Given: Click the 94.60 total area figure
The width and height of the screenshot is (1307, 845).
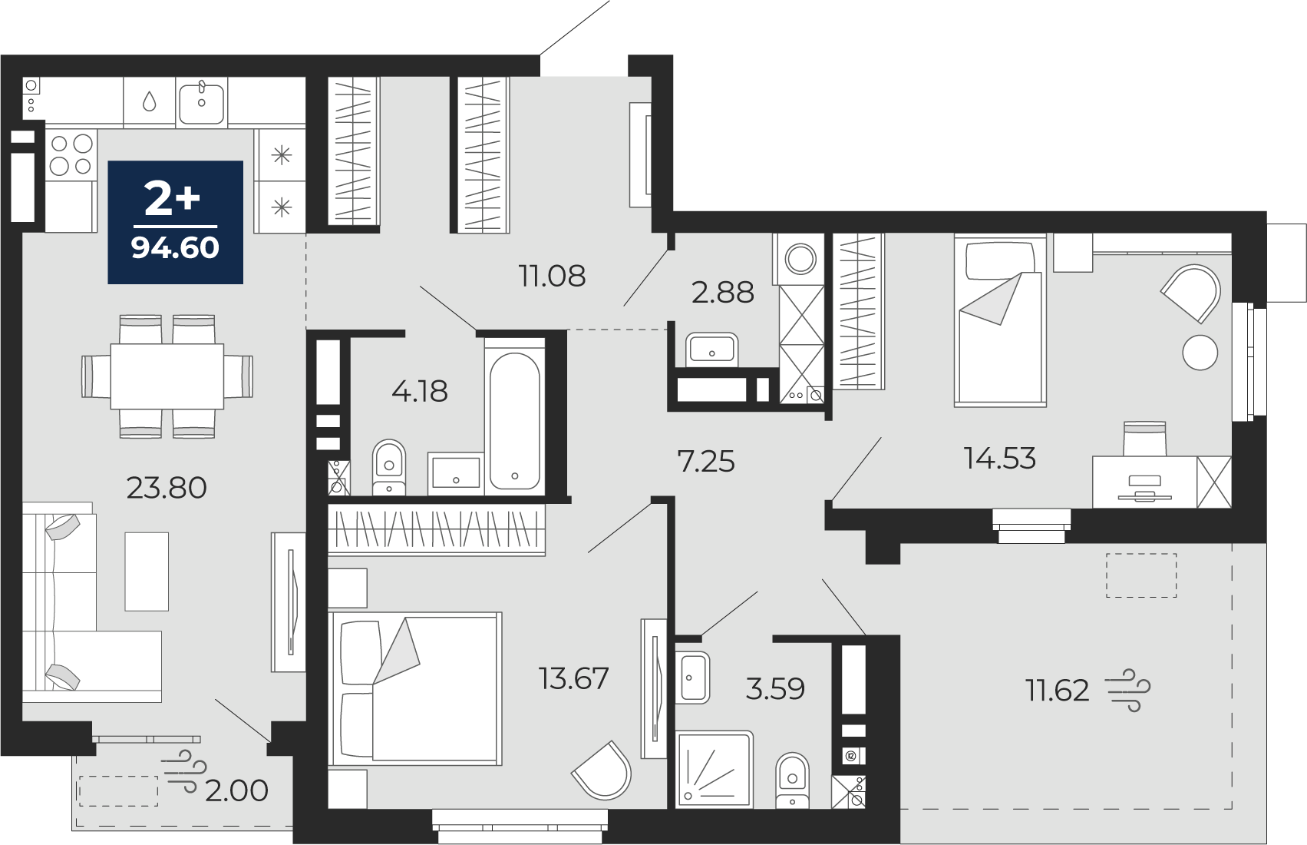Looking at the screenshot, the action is point(175,247).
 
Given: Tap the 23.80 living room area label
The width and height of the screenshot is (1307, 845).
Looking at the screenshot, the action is point(167,488).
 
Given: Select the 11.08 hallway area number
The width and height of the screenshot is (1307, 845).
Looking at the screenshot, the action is point(552,277).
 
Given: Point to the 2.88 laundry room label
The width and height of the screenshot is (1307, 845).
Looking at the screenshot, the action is point(722,293).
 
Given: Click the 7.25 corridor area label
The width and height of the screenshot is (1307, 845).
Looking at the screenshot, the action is point(706,462).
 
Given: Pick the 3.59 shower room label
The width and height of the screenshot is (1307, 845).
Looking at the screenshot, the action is point(775,689).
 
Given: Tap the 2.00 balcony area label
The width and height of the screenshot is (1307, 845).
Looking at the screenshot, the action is point(236,790).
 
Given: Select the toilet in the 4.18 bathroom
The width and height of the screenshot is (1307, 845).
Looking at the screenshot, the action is point(388,467).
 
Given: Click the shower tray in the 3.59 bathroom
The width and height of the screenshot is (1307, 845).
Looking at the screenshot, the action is point(715,770).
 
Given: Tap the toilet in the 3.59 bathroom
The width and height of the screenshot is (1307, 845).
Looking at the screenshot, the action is point(792,780).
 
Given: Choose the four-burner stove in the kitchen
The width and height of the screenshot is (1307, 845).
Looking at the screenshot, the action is point(71,154).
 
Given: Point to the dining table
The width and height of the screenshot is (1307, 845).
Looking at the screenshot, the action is point(167,376).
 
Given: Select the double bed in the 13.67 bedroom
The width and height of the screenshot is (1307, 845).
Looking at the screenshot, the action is point(415,688).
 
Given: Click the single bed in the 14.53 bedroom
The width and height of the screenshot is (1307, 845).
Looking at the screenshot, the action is point(1000,320).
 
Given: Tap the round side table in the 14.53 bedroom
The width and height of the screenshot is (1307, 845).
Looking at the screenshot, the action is point(1200,352).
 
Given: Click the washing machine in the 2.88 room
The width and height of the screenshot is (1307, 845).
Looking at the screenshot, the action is point(800,260).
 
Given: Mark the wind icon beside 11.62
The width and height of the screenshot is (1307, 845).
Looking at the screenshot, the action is point(1128,690).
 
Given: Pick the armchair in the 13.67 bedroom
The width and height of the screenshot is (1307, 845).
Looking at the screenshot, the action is point(602,770).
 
